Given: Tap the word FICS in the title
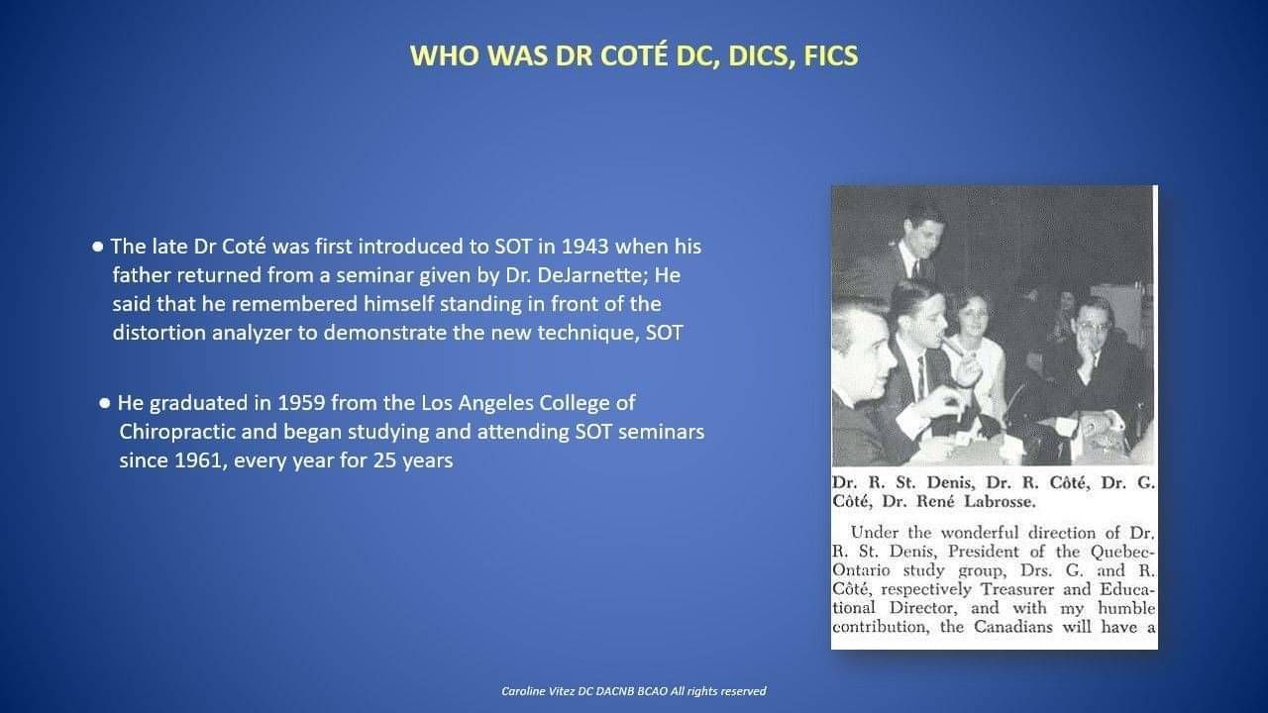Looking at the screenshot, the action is pos(831,55).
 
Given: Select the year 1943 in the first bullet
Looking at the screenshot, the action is pos(584,247).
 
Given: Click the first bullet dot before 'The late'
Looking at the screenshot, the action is pos(98,248).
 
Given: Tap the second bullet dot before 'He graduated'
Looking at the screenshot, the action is pos(105,403).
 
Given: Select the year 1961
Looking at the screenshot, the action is pos(197,460).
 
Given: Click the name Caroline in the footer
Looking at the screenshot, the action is pos(522,691).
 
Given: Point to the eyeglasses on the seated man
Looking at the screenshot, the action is pos(1093,327).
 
